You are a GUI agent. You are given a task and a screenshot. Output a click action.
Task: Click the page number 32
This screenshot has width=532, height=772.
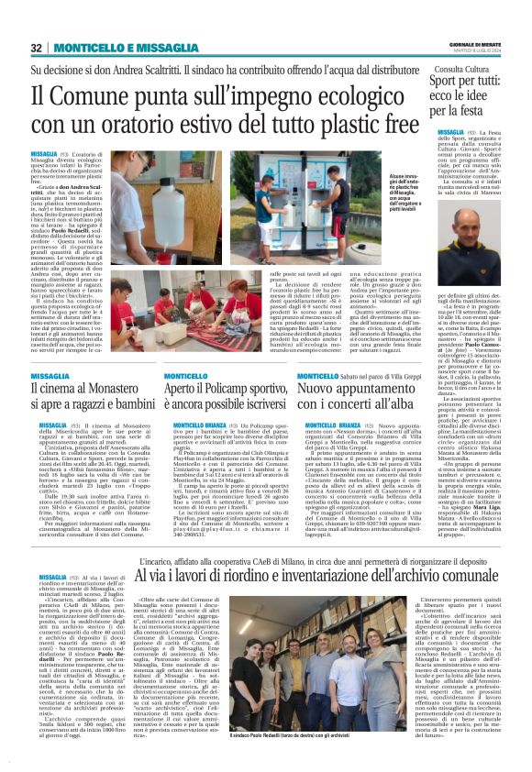37,47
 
